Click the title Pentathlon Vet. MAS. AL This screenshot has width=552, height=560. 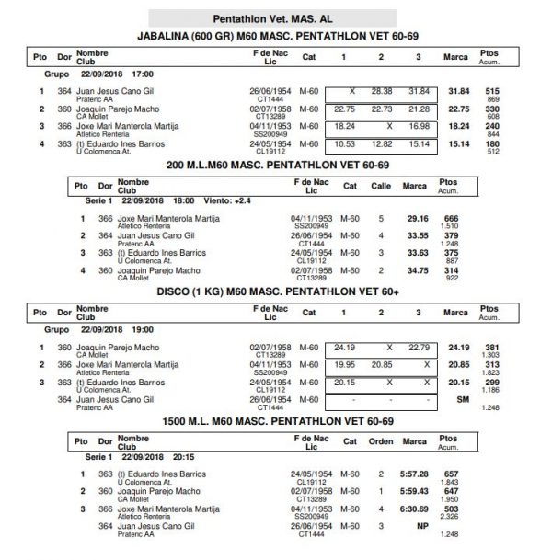point(275,18)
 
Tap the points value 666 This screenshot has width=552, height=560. point(451,218)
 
